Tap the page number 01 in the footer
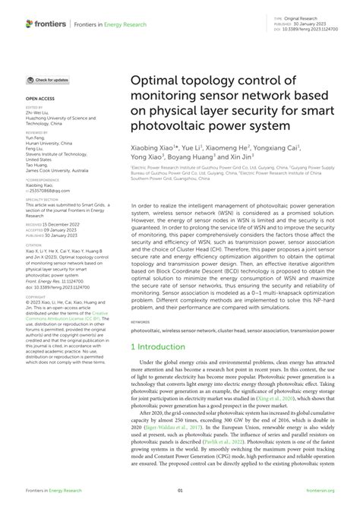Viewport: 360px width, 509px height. pos(180,491)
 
